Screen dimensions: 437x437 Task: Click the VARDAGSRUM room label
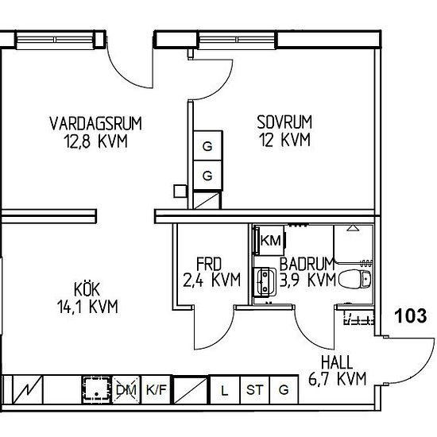coord(95,123)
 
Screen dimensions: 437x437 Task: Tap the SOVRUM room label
coord(284,122)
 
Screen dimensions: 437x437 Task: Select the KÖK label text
coord(87,289)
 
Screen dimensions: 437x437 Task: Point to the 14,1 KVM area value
coord(87,306)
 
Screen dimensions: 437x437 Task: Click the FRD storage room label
coord(209,264)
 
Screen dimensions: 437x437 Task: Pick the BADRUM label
coord(307,264)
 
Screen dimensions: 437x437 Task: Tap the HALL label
coord(337,362)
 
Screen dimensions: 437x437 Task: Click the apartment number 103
coord(411,316)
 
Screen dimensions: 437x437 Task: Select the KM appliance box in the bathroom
coord(270,240)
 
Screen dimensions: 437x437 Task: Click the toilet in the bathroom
coord(355,279)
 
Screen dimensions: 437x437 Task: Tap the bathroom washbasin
coord(265,281)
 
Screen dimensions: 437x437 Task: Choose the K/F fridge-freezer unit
coord(156,389)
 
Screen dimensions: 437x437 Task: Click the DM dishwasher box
coord(126,389)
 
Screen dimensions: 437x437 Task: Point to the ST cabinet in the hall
coord(254,389)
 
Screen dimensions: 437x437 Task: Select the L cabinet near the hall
coord(225,389)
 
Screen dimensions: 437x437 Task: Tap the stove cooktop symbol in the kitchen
coord(96,389)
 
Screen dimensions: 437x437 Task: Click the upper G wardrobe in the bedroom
coord(208,145)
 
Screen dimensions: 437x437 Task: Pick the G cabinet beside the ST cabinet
coord(284,389)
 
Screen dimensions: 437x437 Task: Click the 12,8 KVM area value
coord(95,141)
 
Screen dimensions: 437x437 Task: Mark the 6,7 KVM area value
coord(337,379)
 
